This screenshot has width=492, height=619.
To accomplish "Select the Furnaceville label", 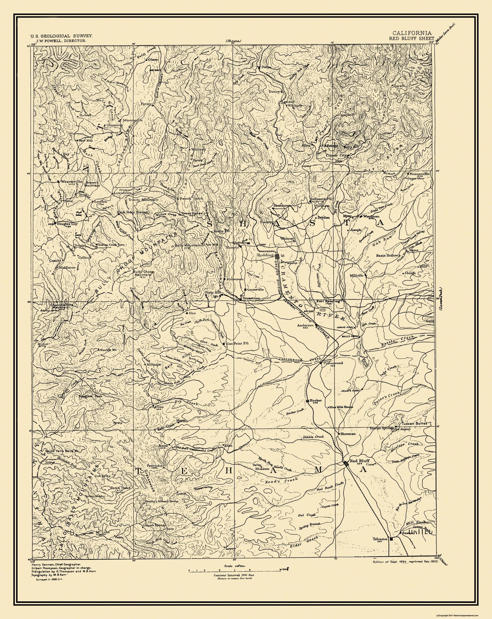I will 420,174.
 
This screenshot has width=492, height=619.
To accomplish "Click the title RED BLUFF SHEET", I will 412,38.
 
